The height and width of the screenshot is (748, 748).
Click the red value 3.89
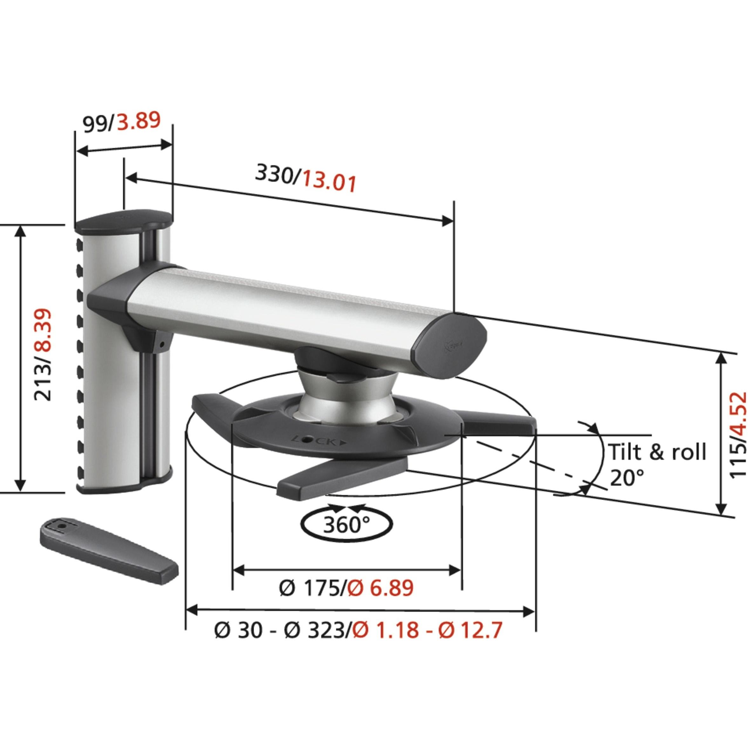point(139,120)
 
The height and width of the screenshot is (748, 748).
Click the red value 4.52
point(738,420)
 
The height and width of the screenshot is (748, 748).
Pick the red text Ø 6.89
point(379,599)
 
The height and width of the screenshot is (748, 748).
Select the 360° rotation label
point(346,525)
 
